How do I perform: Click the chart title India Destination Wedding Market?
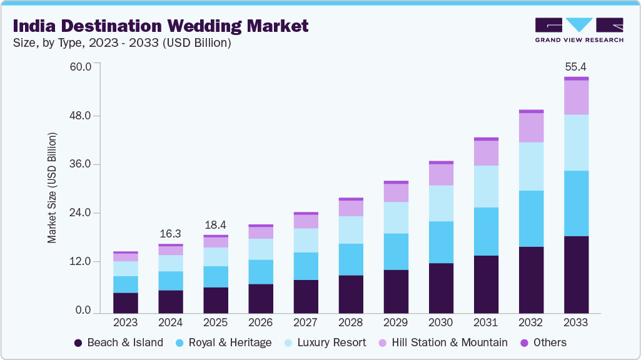(161, 26)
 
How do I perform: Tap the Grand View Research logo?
(579, 30)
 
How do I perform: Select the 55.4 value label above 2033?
(575, 66)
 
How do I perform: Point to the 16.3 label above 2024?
(170, 234)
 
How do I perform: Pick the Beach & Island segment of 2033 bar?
(576, 274)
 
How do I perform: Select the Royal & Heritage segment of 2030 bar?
(441, 242)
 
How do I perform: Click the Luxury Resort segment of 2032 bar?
(531, 166)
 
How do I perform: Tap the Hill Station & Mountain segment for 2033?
(576, 97)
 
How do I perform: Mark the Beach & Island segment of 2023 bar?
(126, 302)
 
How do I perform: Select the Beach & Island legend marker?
(78, 342)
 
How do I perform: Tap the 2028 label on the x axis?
(350, 323)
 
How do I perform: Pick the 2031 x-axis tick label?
(486, 323)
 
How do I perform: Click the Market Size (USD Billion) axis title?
(53, 187)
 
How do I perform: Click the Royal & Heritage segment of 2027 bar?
(306, 266)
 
